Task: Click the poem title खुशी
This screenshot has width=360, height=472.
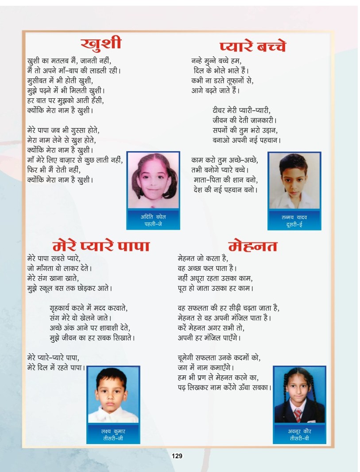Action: [101, 44]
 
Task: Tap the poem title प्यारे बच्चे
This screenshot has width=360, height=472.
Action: [253, 47]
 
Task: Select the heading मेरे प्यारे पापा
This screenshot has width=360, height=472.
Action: [101, 246]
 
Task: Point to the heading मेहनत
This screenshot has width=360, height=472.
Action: [253, 246]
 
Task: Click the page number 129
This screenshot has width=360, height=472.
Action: [177, 456]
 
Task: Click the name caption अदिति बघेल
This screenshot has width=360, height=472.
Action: [153, 216]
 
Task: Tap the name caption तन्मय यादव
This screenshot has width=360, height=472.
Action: [294, 217]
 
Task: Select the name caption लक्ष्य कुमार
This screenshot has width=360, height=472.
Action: [113, 431]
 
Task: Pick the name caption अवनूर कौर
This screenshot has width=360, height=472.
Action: [300, 431]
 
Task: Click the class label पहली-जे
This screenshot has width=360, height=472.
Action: [153, 224]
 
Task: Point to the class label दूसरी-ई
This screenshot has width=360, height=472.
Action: [294, 225]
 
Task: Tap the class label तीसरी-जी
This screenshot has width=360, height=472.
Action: [113, 438]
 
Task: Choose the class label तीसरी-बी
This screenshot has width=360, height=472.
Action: [300, 438]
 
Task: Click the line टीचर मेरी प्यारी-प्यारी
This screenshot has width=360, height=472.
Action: [241, 110]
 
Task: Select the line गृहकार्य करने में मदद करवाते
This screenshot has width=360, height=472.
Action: [91, 308]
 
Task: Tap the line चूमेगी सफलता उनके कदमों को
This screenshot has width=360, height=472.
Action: [219, 358]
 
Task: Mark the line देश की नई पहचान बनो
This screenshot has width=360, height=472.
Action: [226, 190]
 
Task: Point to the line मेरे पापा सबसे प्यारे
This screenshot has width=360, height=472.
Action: [54, 258]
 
